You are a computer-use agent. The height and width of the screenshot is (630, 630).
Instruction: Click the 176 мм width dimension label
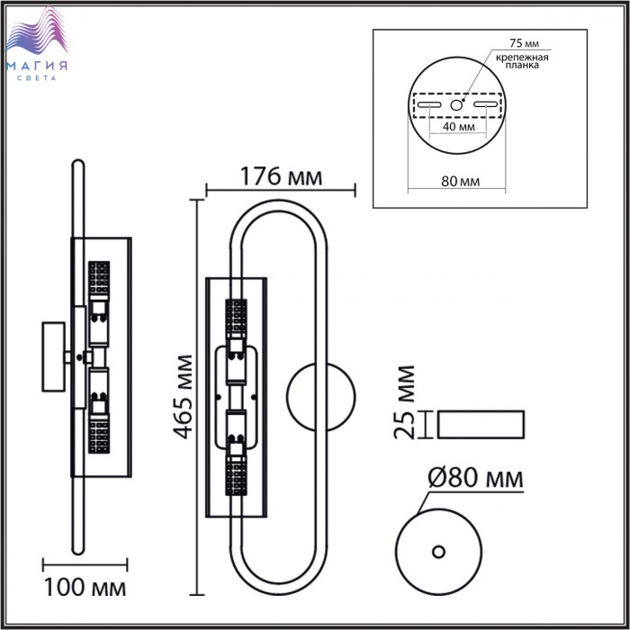click(x=281, y=176)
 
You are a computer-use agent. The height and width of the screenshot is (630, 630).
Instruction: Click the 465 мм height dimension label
click(x=183, y=397)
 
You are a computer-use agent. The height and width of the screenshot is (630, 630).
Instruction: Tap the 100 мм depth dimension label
click(x=85, y=588)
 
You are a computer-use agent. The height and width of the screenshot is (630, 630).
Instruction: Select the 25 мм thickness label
click(x=404, y=401)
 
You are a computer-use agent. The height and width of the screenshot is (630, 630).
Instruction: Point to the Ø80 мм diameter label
click(x=476, y=478)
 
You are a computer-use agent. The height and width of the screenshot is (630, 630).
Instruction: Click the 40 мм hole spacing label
click(x=458, y=127)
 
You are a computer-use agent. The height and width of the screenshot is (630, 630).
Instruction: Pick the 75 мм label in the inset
click(x=525, y=43)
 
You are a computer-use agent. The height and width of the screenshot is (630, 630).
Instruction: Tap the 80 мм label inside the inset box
click(x=461, y=181)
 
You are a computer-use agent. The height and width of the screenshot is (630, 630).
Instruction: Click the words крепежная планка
click(x=522, y=61)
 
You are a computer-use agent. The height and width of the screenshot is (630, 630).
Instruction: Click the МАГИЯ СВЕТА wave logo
click(x=38, y=43)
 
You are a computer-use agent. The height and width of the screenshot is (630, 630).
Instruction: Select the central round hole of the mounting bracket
click(x=456, y=105)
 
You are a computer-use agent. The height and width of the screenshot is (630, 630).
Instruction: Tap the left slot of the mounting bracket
click(x=429, y=105)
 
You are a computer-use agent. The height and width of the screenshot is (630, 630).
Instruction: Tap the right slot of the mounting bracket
click(x=485, y=104)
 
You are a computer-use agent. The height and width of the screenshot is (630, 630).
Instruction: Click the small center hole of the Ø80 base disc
click(x=439, y=551)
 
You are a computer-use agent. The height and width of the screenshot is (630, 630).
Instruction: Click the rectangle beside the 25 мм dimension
click(x=481, y=424)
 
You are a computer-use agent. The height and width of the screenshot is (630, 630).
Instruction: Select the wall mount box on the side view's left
click(x=54, y=356)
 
